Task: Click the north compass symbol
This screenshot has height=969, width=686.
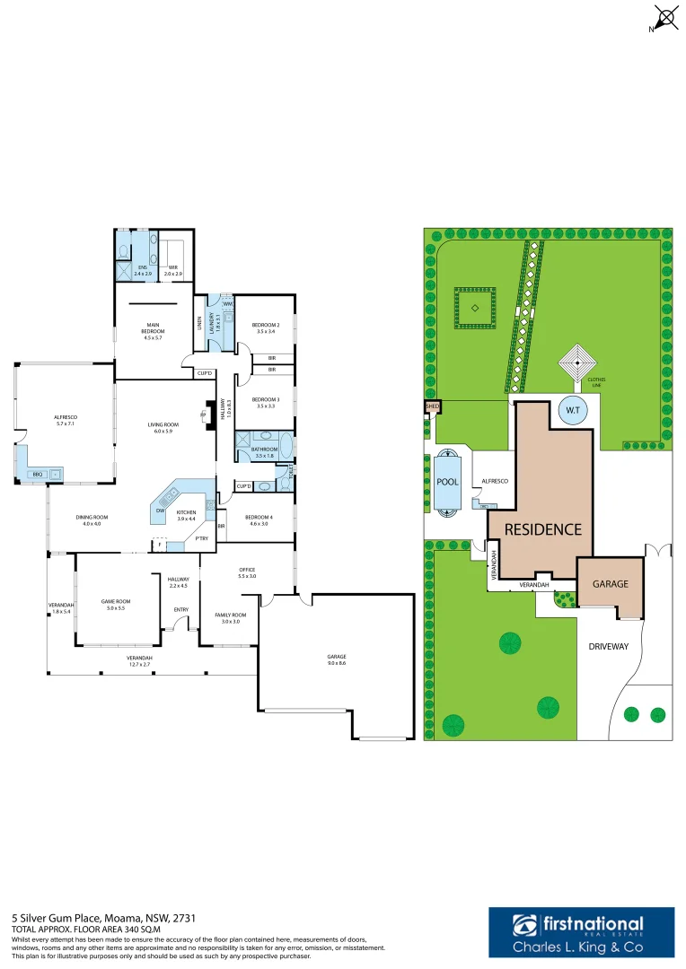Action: (x=664, y=18)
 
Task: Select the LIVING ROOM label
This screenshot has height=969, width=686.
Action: (x=164, y=426)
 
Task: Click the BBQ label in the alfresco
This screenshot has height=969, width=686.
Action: (x=38, y=474)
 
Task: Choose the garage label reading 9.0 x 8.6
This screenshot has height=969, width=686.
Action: (x=336, y=660)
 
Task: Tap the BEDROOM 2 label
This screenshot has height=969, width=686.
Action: (x=266, y=327)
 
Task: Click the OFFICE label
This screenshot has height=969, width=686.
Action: (x=247, y=572)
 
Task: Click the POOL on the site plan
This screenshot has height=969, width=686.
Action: (x=447, y=482)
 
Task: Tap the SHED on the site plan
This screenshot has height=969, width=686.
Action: (x=432, y=406)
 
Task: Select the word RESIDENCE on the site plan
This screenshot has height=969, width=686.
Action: (x=543, y=529)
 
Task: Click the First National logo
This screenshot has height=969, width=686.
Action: (x=578, y=934)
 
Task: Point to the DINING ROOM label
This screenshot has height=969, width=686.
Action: (x=92, y=520)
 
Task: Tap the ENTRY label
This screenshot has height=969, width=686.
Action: (x=181, y=610)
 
